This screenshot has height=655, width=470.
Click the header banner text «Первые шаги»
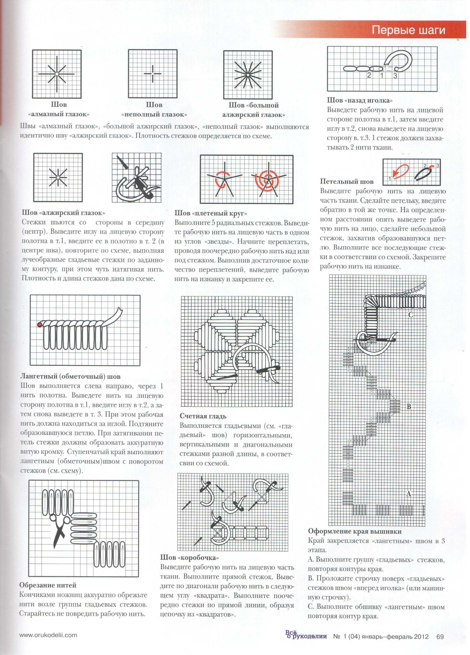[x=408, y=30]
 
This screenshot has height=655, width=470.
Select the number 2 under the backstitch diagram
[x=369, y=76]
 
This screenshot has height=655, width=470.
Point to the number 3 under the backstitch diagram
[x=395, y=76]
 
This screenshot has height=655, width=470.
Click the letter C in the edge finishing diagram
[x=410, y=315]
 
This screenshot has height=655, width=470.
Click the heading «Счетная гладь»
[x=203, y=416]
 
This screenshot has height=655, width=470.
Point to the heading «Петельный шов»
[x=347, y=182]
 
